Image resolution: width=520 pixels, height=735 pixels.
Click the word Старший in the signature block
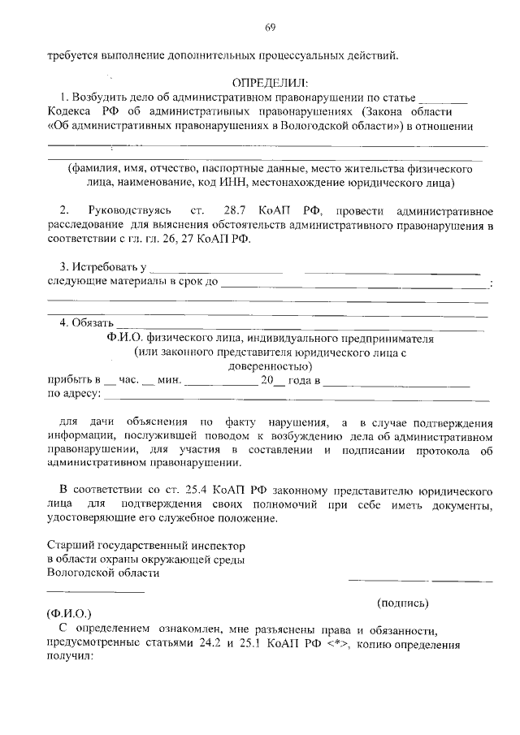68,545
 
